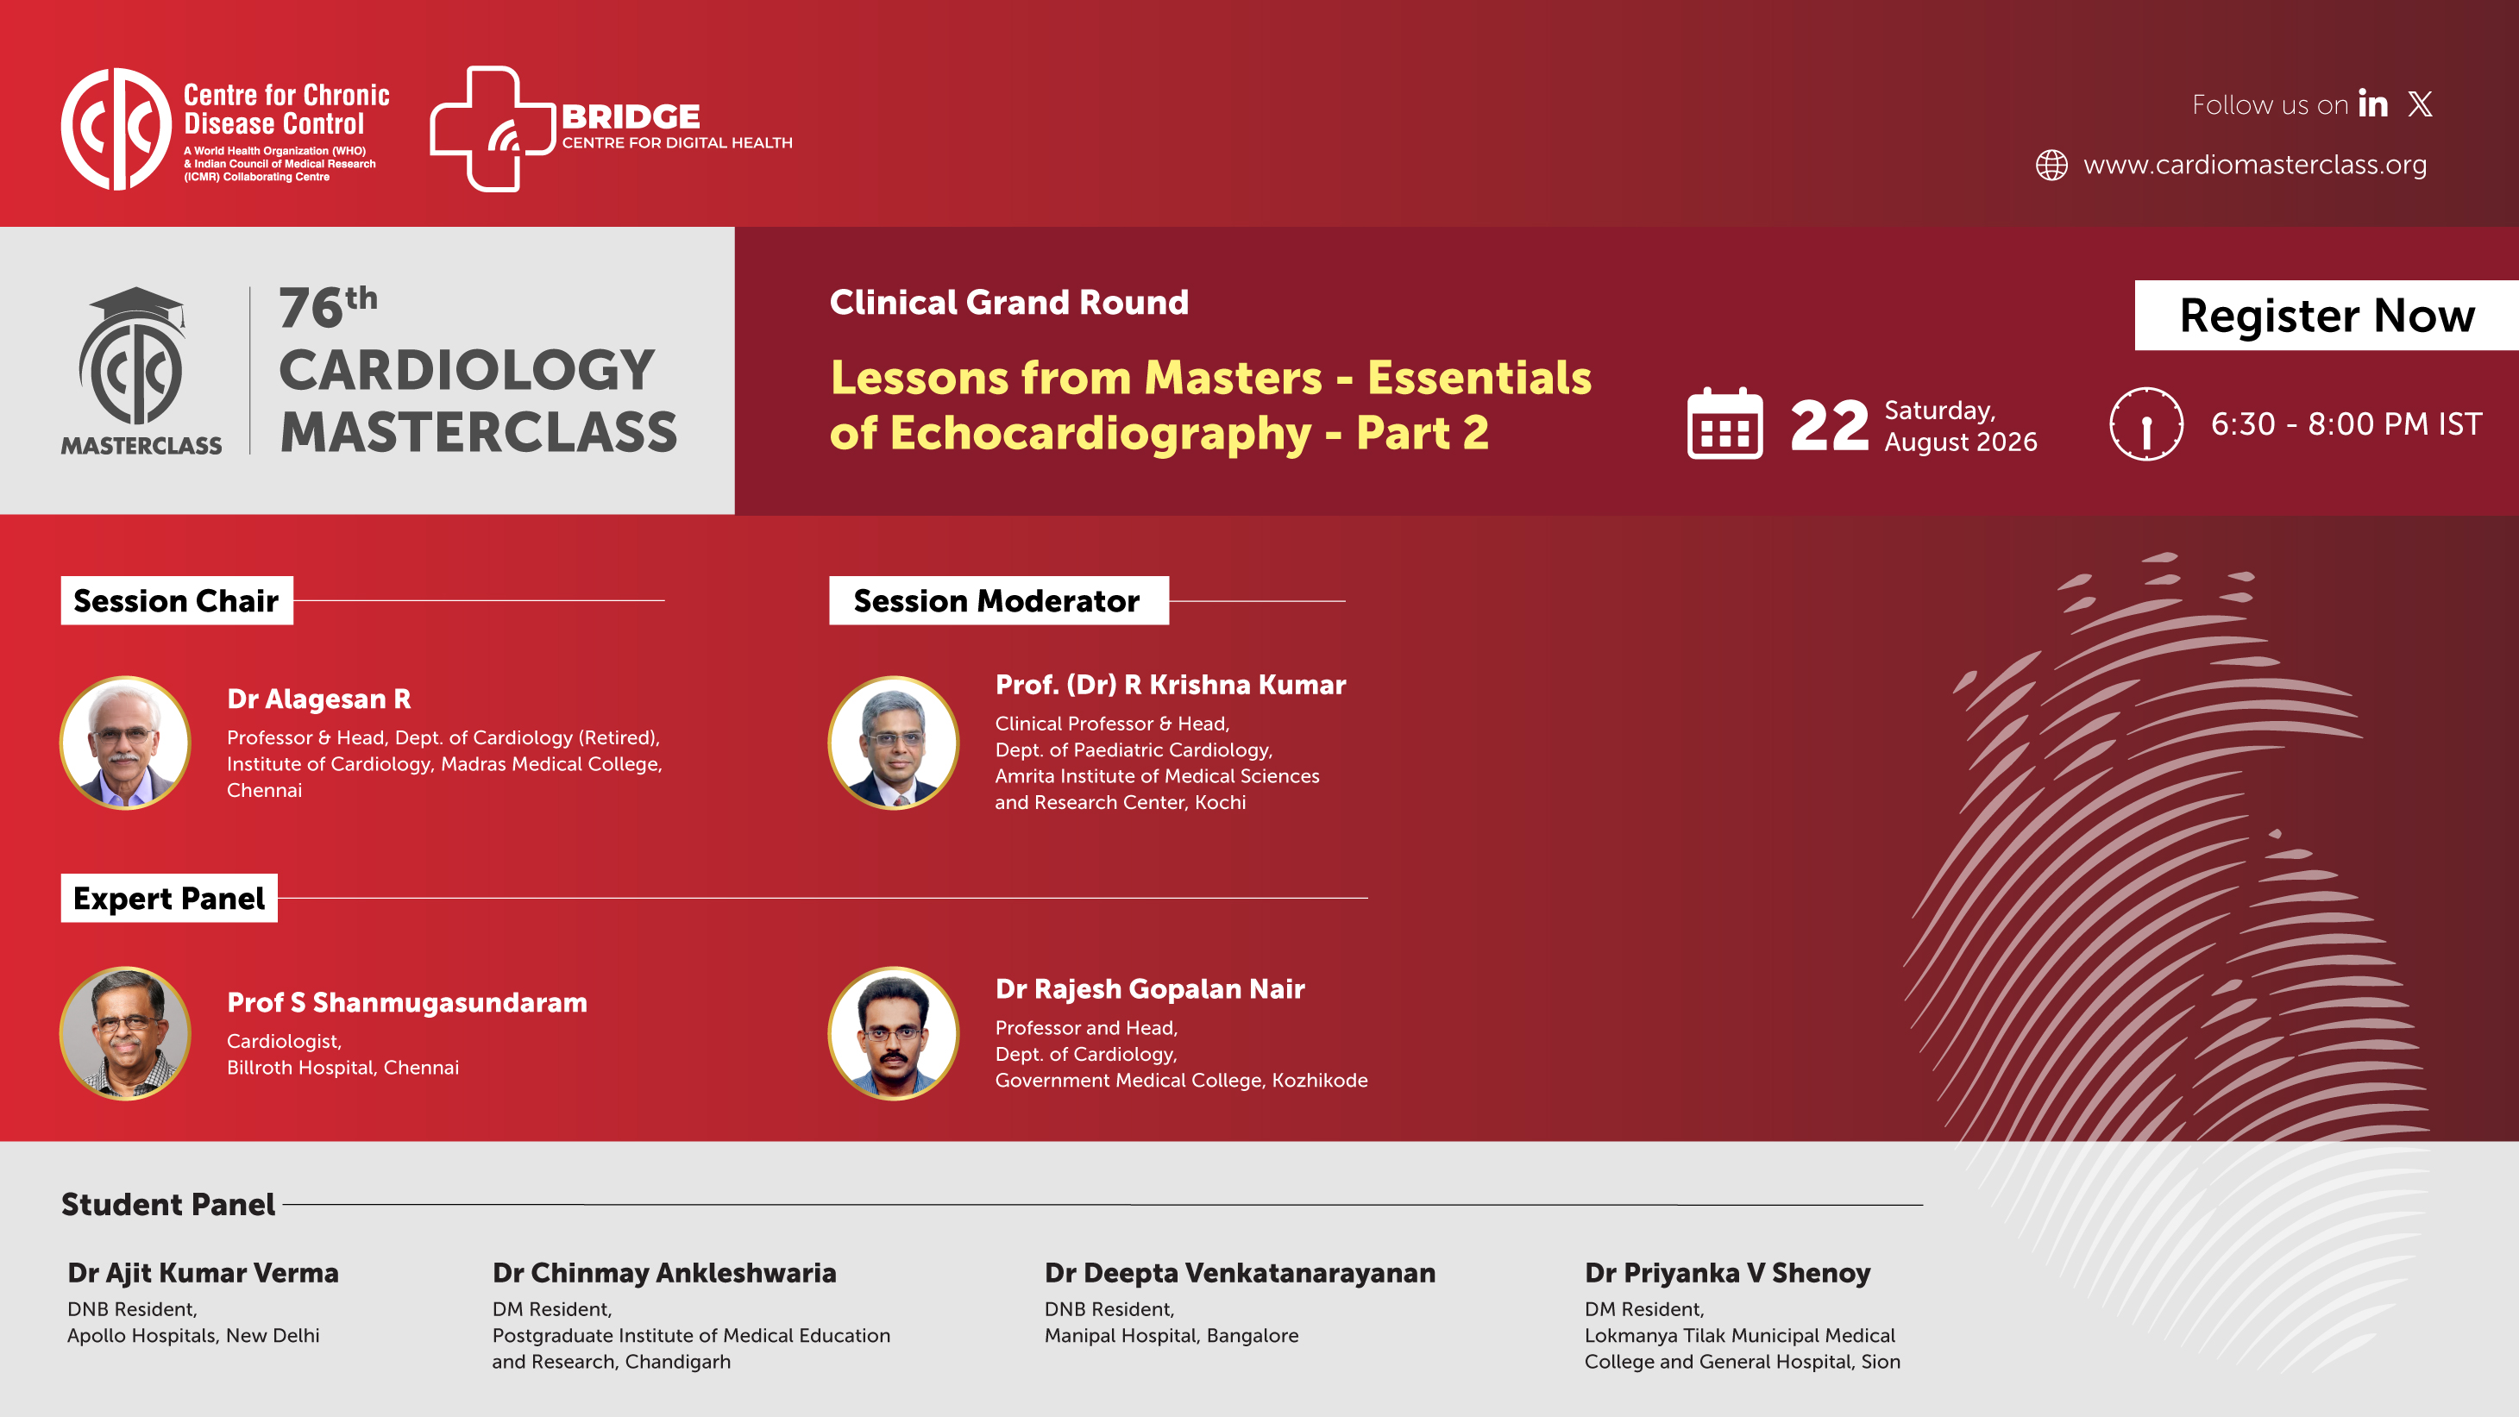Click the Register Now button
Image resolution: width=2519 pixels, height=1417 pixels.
point(2327,315)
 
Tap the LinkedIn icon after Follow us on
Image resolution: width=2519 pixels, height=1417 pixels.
point(2373,103)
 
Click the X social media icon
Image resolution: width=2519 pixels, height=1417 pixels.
point(2421,103)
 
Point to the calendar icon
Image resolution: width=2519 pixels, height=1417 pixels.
point(1725,423)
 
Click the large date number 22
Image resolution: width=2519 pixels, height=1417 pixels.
point(1829,426)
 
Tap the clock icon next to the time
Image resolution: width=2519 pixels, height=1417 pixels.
point(2146,423)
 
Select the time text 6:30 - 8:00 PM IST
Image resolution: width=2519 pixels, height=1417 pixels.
point(2346,423)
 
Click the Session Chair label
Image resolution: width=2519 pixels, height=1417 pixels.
point(177,600)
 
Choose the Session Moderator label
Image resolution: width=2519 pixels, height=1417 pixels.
point(998,600)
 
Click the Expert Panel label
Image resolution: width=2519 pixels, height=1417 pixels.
point(169,898)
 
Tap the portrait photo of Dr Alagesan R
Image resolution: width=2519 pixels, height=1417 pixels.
point(125,743)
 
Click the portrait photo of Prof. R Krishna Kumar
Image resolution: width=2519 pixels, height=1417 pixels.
point(894,743)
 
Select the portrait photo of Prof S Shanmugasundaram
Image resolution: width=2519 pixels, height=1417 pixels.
point(125,1034)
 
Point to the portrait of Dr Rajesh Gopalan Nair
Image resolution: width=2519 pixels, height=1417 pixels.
point(894,1034)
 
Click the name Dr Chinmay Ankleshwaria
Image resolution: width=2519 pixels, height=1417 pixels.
point(664,1272)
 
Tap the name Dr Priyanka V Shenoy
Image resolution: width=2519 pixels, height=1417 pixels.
point(1727,1272)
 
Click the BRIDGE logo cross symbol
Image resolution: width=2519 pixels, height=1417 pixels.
point(492,129)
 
